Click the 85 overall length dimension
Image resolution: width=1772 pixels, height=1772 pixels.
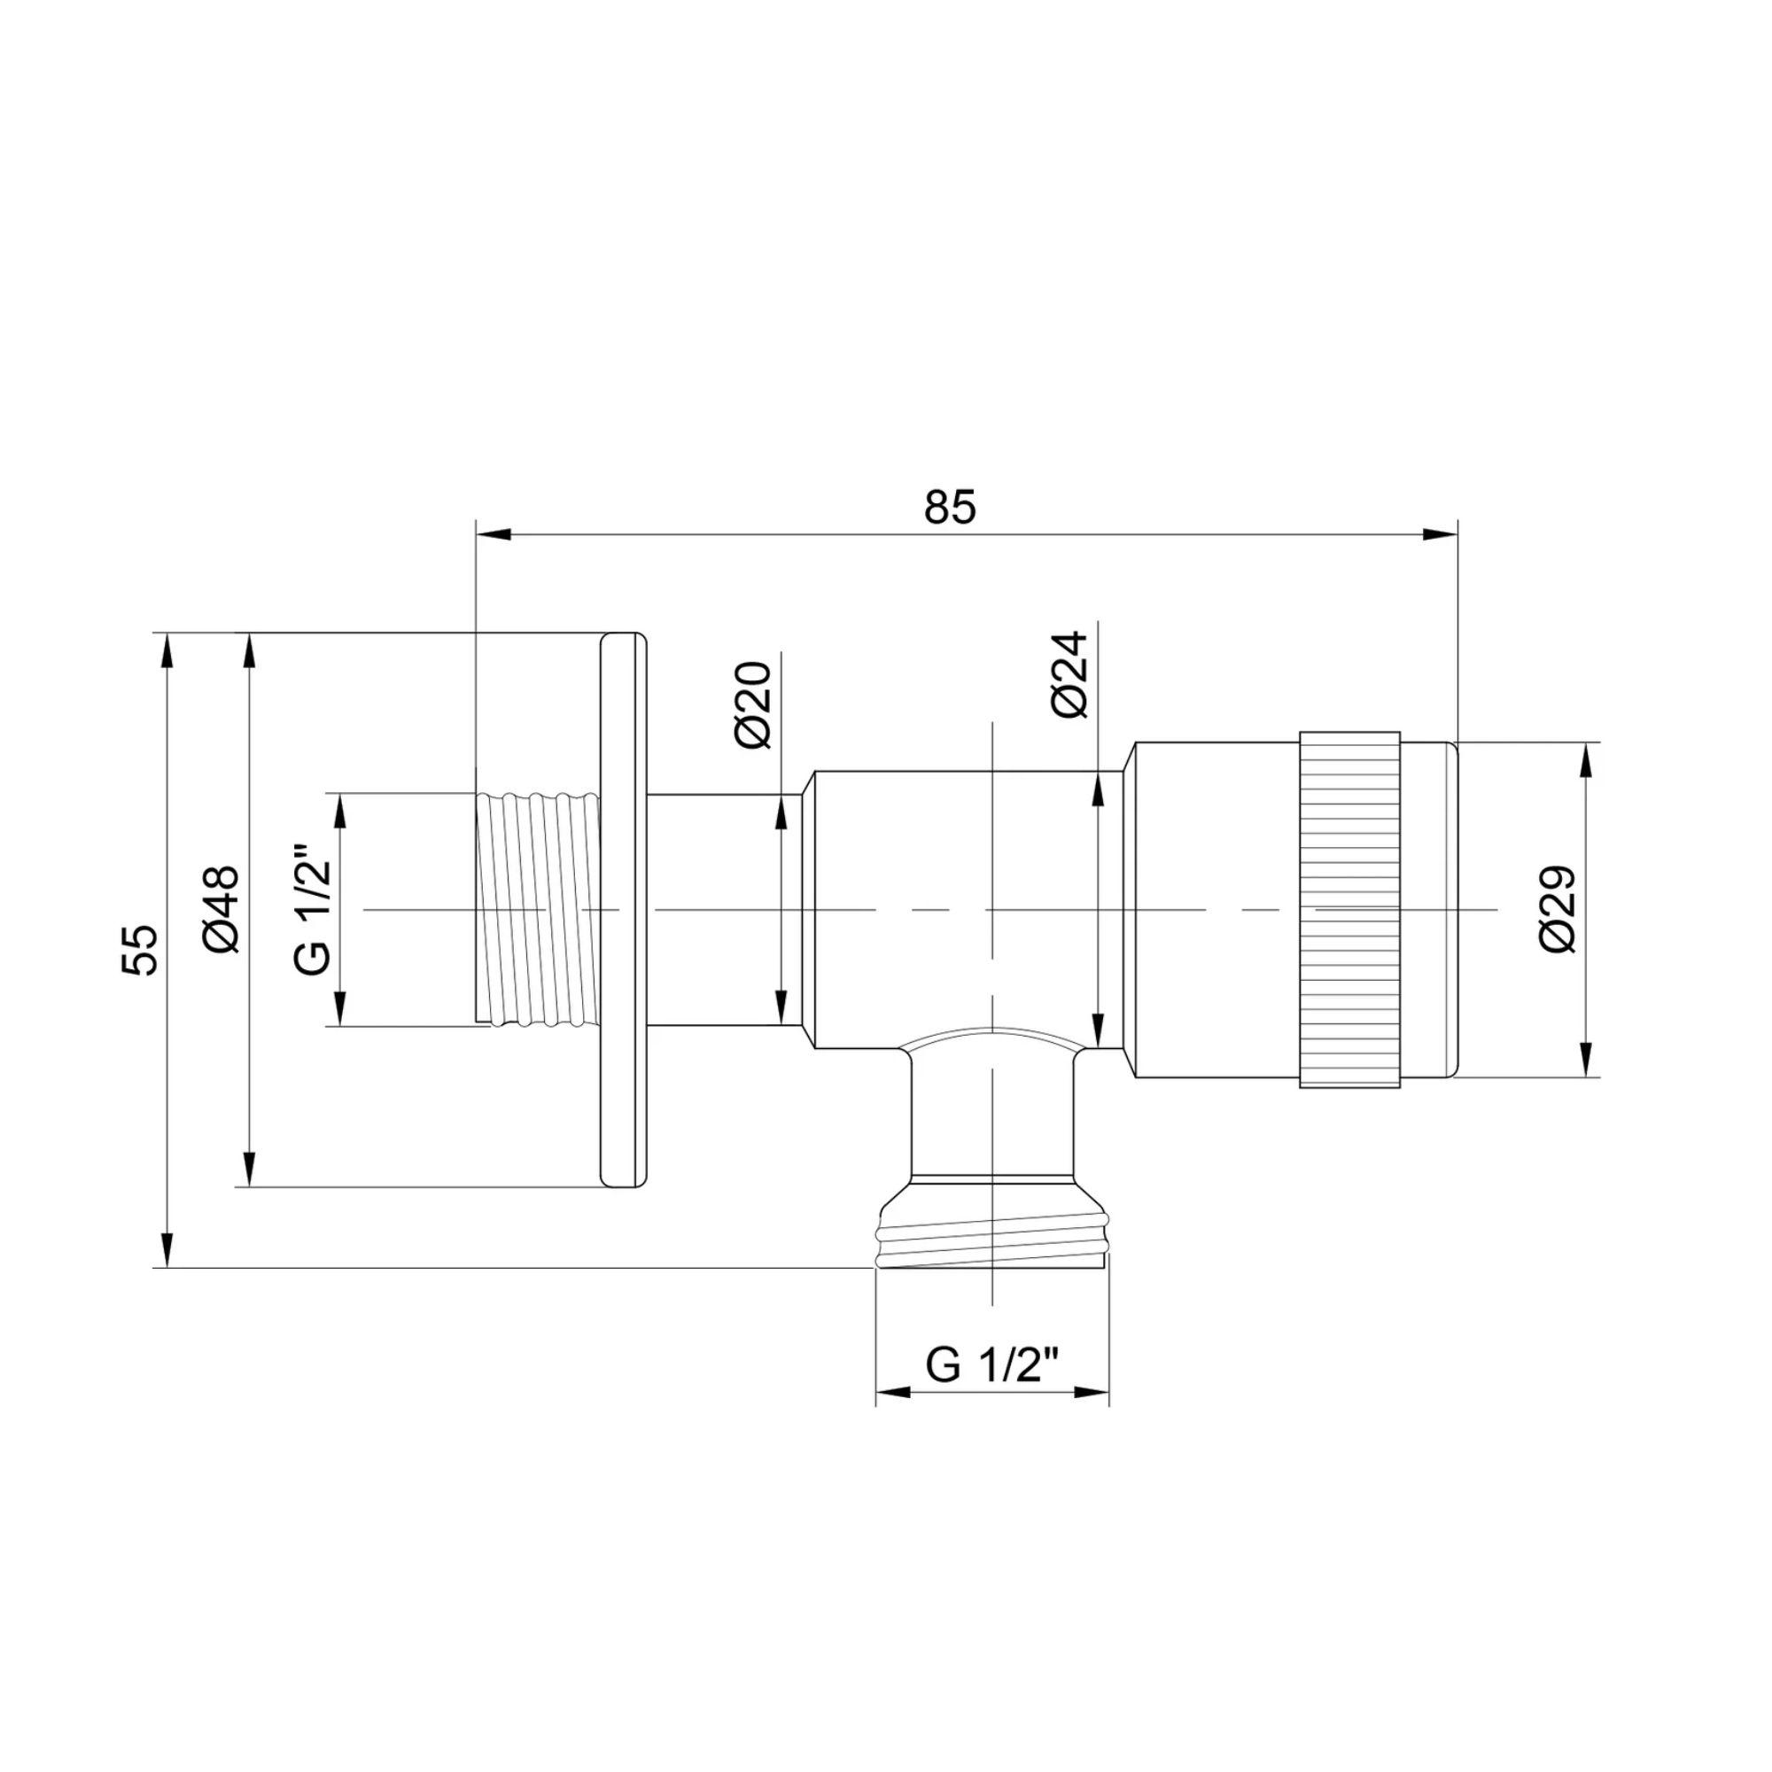[x=950, y=507]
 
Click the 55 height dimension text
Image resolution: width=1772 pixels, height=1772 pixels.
[x=142, y=949]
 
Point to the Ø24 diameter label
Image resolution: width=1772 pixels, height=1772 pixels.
[x=1069, y=673]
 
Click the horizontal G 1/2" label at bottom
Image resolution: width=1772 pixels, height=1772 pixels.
[x=992, y=1391]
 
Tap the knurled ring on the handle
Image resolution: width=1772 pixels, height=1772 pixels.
[x=1349, y=910]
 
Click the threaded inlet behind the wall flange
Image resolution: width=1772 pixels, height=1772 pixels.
[x=540, y=910]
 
